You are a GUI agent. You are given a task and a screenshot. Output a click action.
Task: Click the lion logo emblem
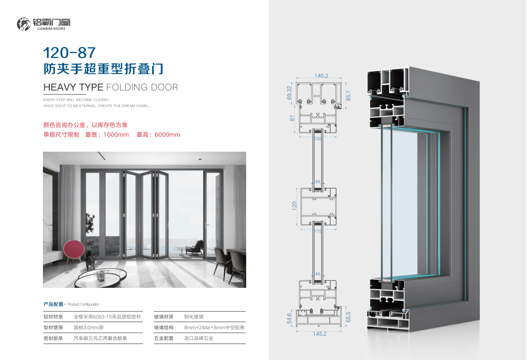24,24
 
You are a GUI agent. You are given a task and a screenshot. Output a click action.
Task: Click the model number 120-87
69,53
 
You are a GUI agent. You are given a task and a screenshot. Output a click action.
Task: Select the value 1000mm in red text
116,135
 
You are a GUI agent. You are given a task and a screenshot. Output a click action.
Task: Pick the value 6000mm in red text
168,135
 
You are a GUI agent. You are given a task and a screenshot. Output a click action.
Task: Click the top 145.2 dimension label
321,76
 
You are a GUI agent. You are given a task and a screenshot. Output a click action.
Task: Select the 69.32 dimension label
290,93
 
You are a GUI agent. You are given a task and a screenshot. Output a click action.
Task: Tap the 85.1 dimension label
348,96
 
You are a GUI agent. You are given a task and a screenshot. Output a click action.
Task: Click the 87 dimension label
292,118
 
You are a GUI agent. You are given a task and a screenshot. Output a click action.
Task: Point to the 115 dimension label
318,231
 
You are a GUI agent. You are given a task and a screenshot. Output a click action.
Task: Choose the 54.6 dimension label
290,319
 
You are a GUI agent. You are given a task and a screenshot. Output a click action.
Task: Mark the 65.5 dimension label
348,317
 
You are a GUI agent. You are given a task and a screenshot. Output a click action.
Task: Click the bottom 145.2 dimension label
320,334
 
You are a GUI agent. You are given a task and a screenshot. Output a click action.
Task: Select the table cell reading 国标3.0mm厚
89,328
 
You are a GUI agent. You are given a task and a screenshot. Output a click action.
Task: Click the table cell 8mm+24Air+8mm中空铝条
215,328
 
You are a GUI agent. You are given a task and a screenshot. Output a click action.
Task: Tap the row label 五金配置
164,338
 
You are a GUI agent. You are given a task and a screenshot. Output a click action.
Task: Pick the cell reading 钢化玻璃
194,317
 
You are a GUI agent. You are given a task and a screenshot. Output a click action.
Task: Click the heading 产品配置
53,304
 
